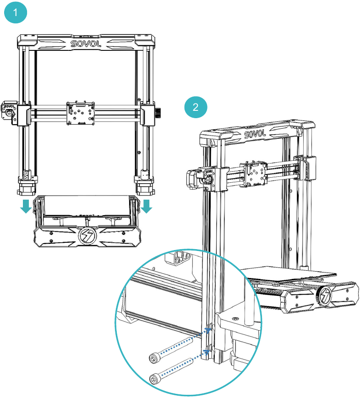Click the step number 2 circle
(196, 108)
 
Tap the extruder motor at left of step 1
(9, 110)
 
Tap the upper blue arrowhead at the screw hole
(208, 329)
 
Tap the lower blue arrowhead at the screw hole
(207, 351)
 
